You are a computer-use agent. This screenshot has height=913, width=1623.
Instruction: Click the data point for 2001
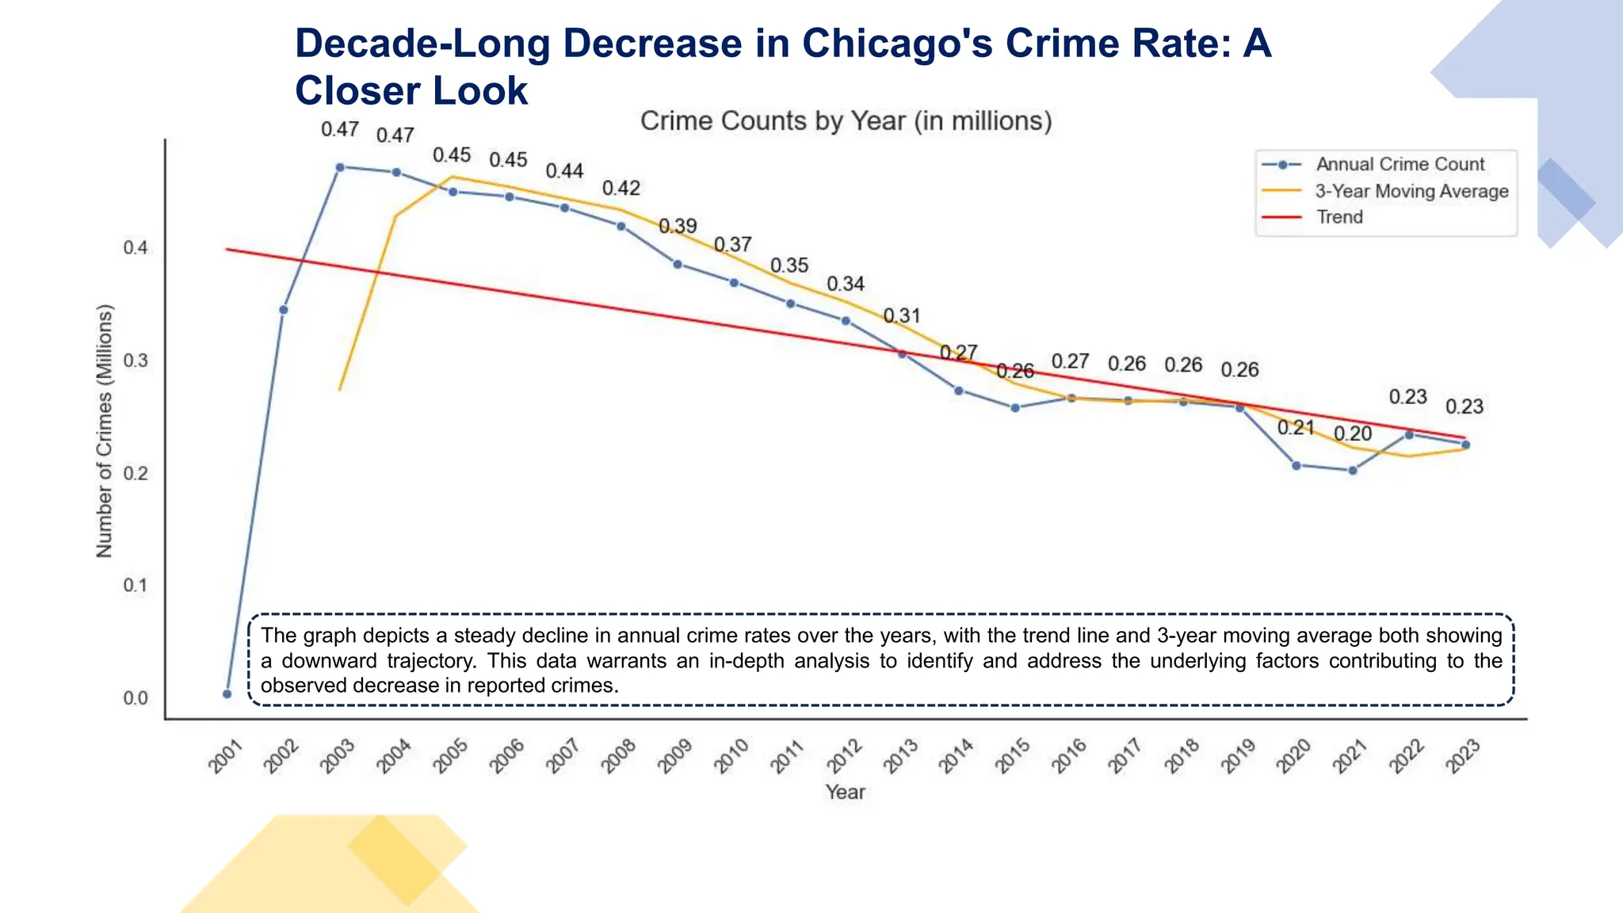click(x=227, y=693)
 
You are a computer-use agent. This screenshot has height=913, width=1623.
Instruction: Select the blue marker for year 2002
click(x=284, y=309)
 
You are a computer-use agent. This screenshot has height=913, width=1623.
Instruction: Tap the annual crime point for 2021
click(x=1353, y=470)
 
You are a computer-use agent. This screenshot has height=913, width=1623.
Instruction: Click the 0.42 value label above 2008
click(x=621, y=189)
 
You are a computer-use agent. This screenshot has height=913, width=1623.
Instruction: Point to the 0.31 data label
click(x=902, y=316)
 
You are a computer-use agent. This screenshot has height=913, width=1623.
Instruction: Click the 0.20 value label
click(x=1353, y=434)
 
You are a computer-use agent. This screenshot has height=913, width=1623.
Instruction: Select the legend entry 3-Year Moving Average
click(x=1411, y=191)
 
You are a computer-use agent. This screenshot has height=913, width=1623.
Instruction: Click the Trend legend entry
click(x=1339, y=217)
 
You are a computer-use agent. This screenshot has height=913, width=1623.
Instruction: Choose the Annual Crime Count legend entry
click(x=1400, y=164)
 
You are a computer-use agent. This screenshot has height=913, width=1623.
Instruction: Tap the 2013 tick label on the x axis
click(x=901, y=756)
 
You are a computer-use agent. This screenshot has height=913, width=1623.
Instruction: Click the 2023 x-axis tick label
click(x=1463, y=756)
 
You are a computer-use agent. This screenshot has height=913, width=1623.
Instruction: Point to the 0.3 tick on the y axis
click(x=136, y=361)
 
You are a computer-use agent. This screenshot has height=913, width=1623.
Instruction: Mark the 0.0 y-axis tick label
click(x=136, y=698)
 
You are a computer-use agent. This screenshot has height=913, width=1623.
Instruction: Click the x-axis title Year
click(x=845, y=792)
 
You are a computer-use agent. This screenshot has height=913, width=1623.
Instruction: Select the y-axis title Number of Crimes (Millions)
click(x=105, y=431)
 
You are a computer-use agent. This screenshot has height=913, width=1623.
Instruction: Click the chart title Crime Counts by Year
click(x=846, y=121)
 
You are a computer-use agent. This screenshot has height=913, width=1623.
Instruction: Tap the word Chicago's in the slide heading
click(x=896, y=43)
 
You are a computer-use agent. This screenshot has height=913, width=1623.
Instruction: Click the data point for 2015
click(x=1015, y=407)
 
